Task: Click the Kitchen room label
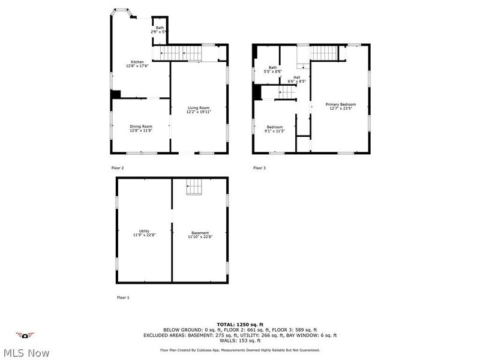coord(137,64)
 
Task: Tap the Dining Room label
coord(141,128)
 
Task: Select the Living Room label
coord(198,109)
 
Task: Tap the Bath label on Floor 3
coord(273,69)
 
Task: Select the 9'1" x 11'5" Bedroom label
coord(275,128)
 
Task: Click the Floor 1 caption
coord(123,298)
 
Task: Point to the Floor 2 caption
coord(118,168)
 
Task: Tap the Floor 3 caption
coord(259,168)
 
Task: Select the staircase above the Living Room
coord(178,53)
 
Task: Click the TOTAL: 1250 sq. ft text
coord(239,324)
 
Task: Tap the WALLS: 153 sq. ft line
coord(239,341)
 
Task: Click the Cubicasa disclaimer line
coord(239,350)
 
